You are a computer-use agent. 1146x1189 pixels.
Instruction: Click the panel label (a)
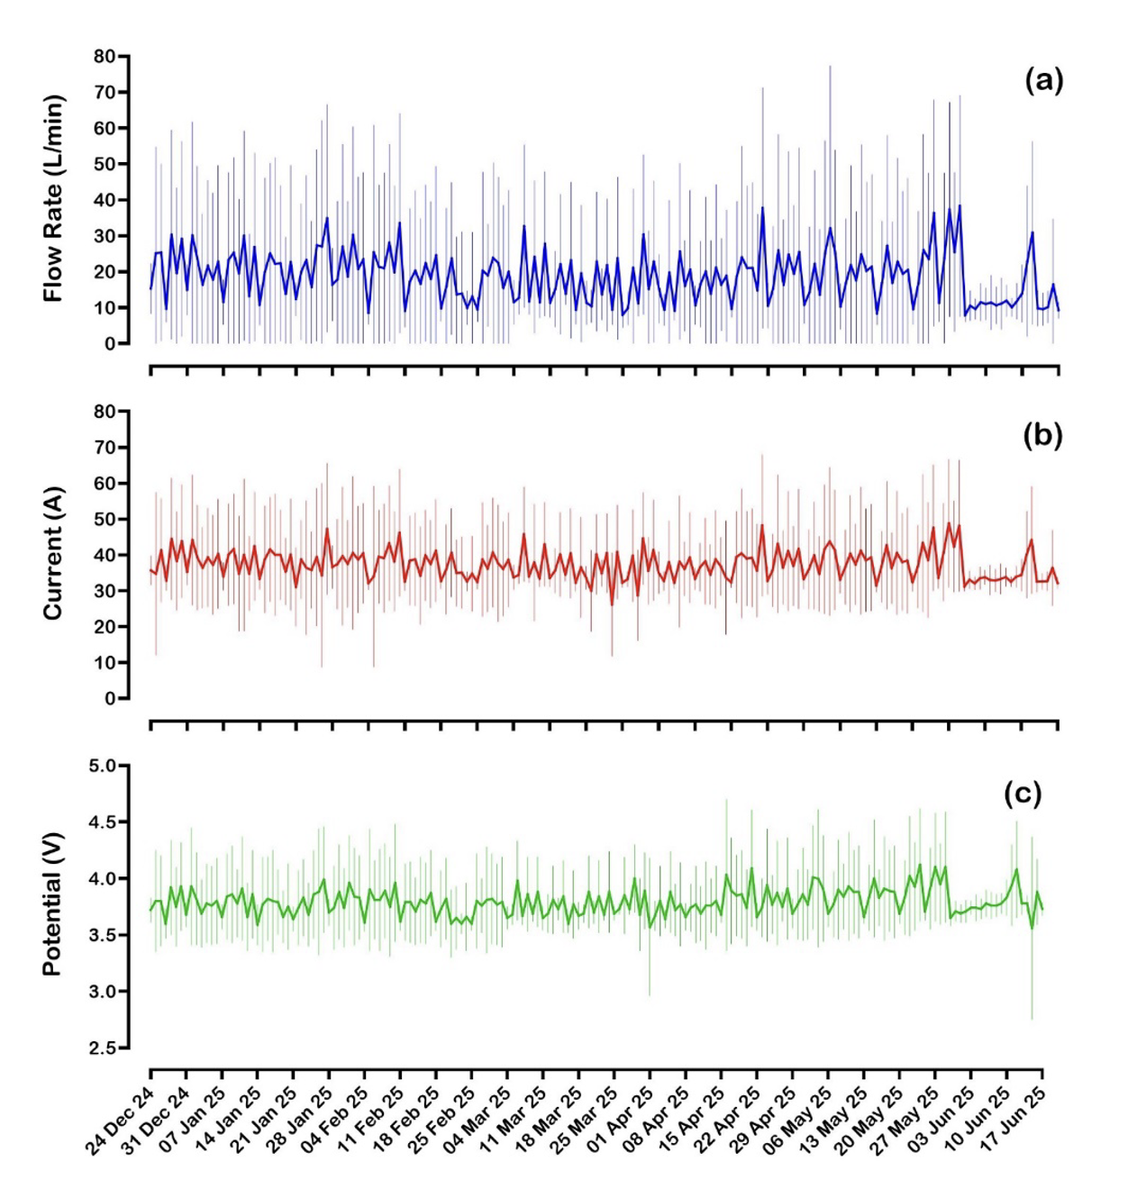click(x=1043, y=81)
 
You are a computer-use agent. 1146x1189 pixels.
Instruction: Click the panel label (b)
click(x=1042, y=435)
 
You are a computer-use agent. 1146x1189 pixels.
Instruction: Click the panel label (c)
click(x=1023, y=794)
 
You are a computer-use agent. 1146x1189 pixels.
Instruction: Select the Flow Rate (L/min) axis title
click(x=54, y=199)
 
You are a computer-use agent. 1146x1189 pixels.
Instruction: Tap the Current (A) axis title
click(x=54, y=553)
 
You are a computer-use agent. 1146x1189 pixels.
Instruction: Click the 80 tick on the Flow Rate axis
click(x=105, y=57)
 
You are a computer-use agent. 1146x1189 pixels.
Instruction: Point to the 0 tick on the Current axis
click(x=110, y=699)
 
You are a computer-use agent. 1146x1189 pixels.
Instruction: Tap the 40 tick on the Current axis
click(x=105, y=556)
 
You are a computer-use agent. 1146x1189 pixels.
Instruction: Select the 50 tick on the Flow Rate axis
click(x=105, y=165)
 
